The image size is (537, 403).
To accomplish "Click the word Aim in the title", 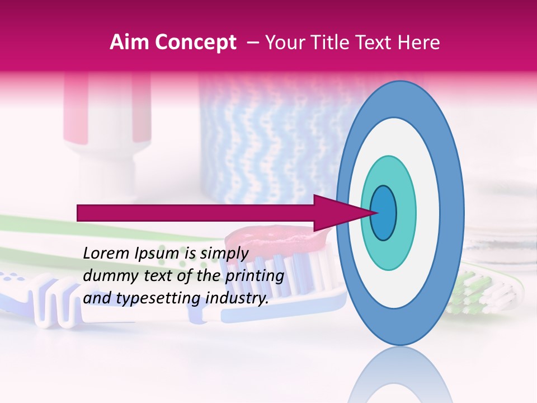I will [x=129, y=43].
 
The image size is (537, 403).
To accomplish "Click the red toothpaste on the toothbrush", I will [x=280, y=241].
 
